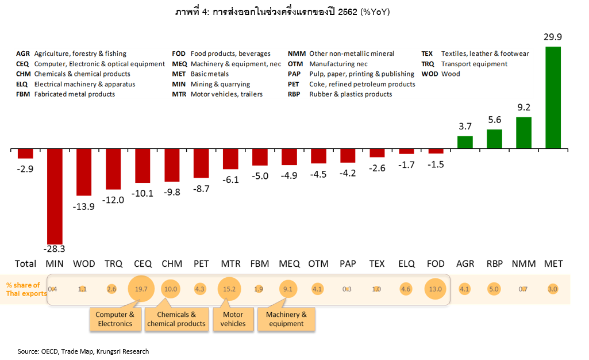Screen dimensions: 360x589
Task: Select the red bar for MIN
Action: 55,196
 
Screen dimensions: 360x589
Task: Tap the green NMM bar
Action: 523,132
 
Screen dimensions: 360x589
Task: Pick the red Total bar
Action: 25,154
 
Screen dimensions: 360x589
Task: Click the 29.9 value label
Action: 553,38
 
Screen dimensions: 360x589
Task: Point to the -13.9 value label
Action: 84,206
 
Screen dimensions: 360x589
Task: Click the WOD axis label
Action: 84,264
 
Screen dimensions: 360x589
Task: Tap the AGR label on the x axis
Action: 465,264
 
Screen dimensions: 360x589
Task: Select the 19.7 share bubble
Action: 142,289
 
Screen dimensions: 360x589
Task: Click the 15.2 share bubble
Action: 230,289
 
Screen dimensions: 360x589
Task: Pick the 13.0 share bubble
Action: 435,289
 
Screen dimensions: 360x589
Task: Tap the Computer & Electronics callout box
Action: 115,319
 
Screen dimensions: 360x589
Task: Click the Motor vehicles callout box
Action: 233,319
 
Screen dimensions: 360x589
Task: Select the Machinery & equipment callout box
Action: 286,319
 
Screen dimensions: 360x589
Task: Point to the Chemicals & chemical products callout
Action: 176,319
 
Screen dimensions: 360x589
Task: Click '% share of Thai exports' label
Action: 23,289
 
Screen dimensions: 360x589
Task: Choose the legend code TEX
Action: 428,53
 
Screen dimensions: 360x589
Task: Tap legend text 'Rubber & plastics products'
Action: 351,94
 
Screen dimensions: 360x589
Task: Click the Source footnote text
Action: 83,351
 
